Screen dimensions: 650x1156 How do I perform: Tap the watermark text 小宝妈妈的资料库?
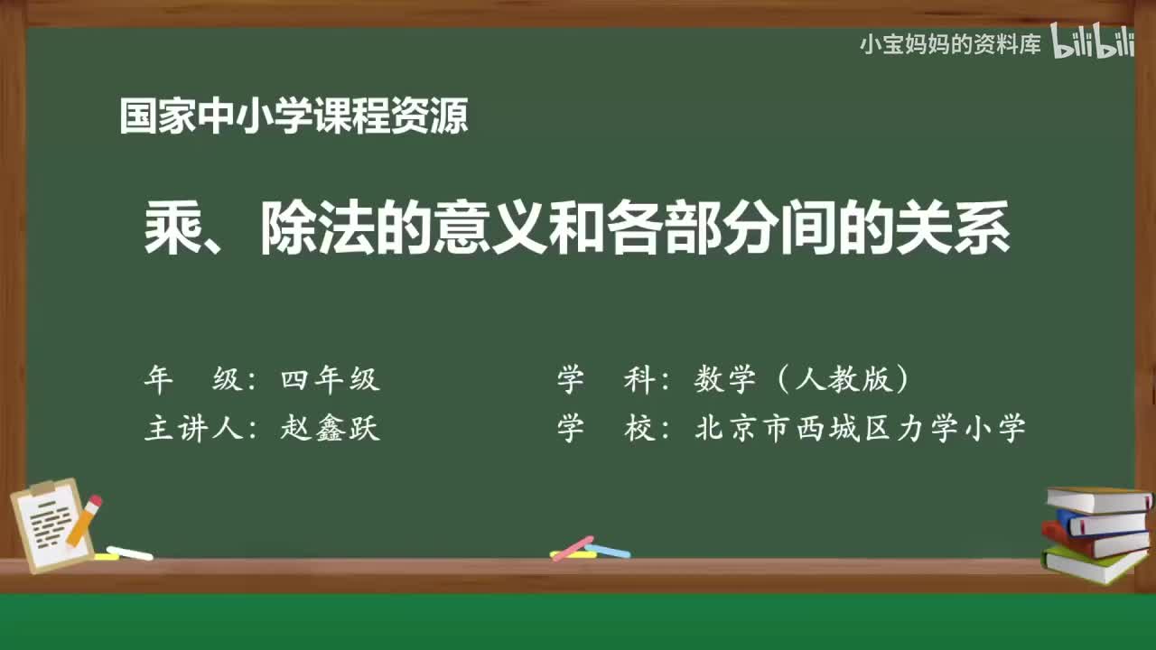click(x=949, y=43)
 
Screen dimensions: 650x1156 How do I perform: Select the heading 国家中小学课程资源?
click(x=294, y=116)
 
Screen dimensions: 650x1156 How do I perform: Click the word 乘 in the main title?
click(x=172, y=229)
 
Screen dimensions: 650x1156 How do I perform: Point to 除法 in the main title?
click(x=316, y=229)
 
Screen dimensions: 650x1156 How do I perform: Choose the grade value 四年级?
click(x=330, y=380)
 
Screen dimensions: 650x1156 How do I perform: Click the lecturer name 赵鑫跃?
click(x=330, y=428)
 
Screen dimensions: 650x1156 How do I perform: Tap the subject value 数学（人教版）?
click(x=803, y=380)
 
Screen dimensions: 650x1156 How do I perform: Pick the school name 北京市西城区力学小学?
click(x=860, y=428)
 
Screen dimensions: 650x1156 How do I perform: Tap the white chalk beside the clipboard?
click(x=130, y=552)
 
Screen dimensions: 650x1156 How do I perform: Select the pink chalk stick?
click(x=572, y=547)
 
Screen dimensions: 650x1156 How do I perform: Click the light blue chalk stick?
click(x=608, y=551)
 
